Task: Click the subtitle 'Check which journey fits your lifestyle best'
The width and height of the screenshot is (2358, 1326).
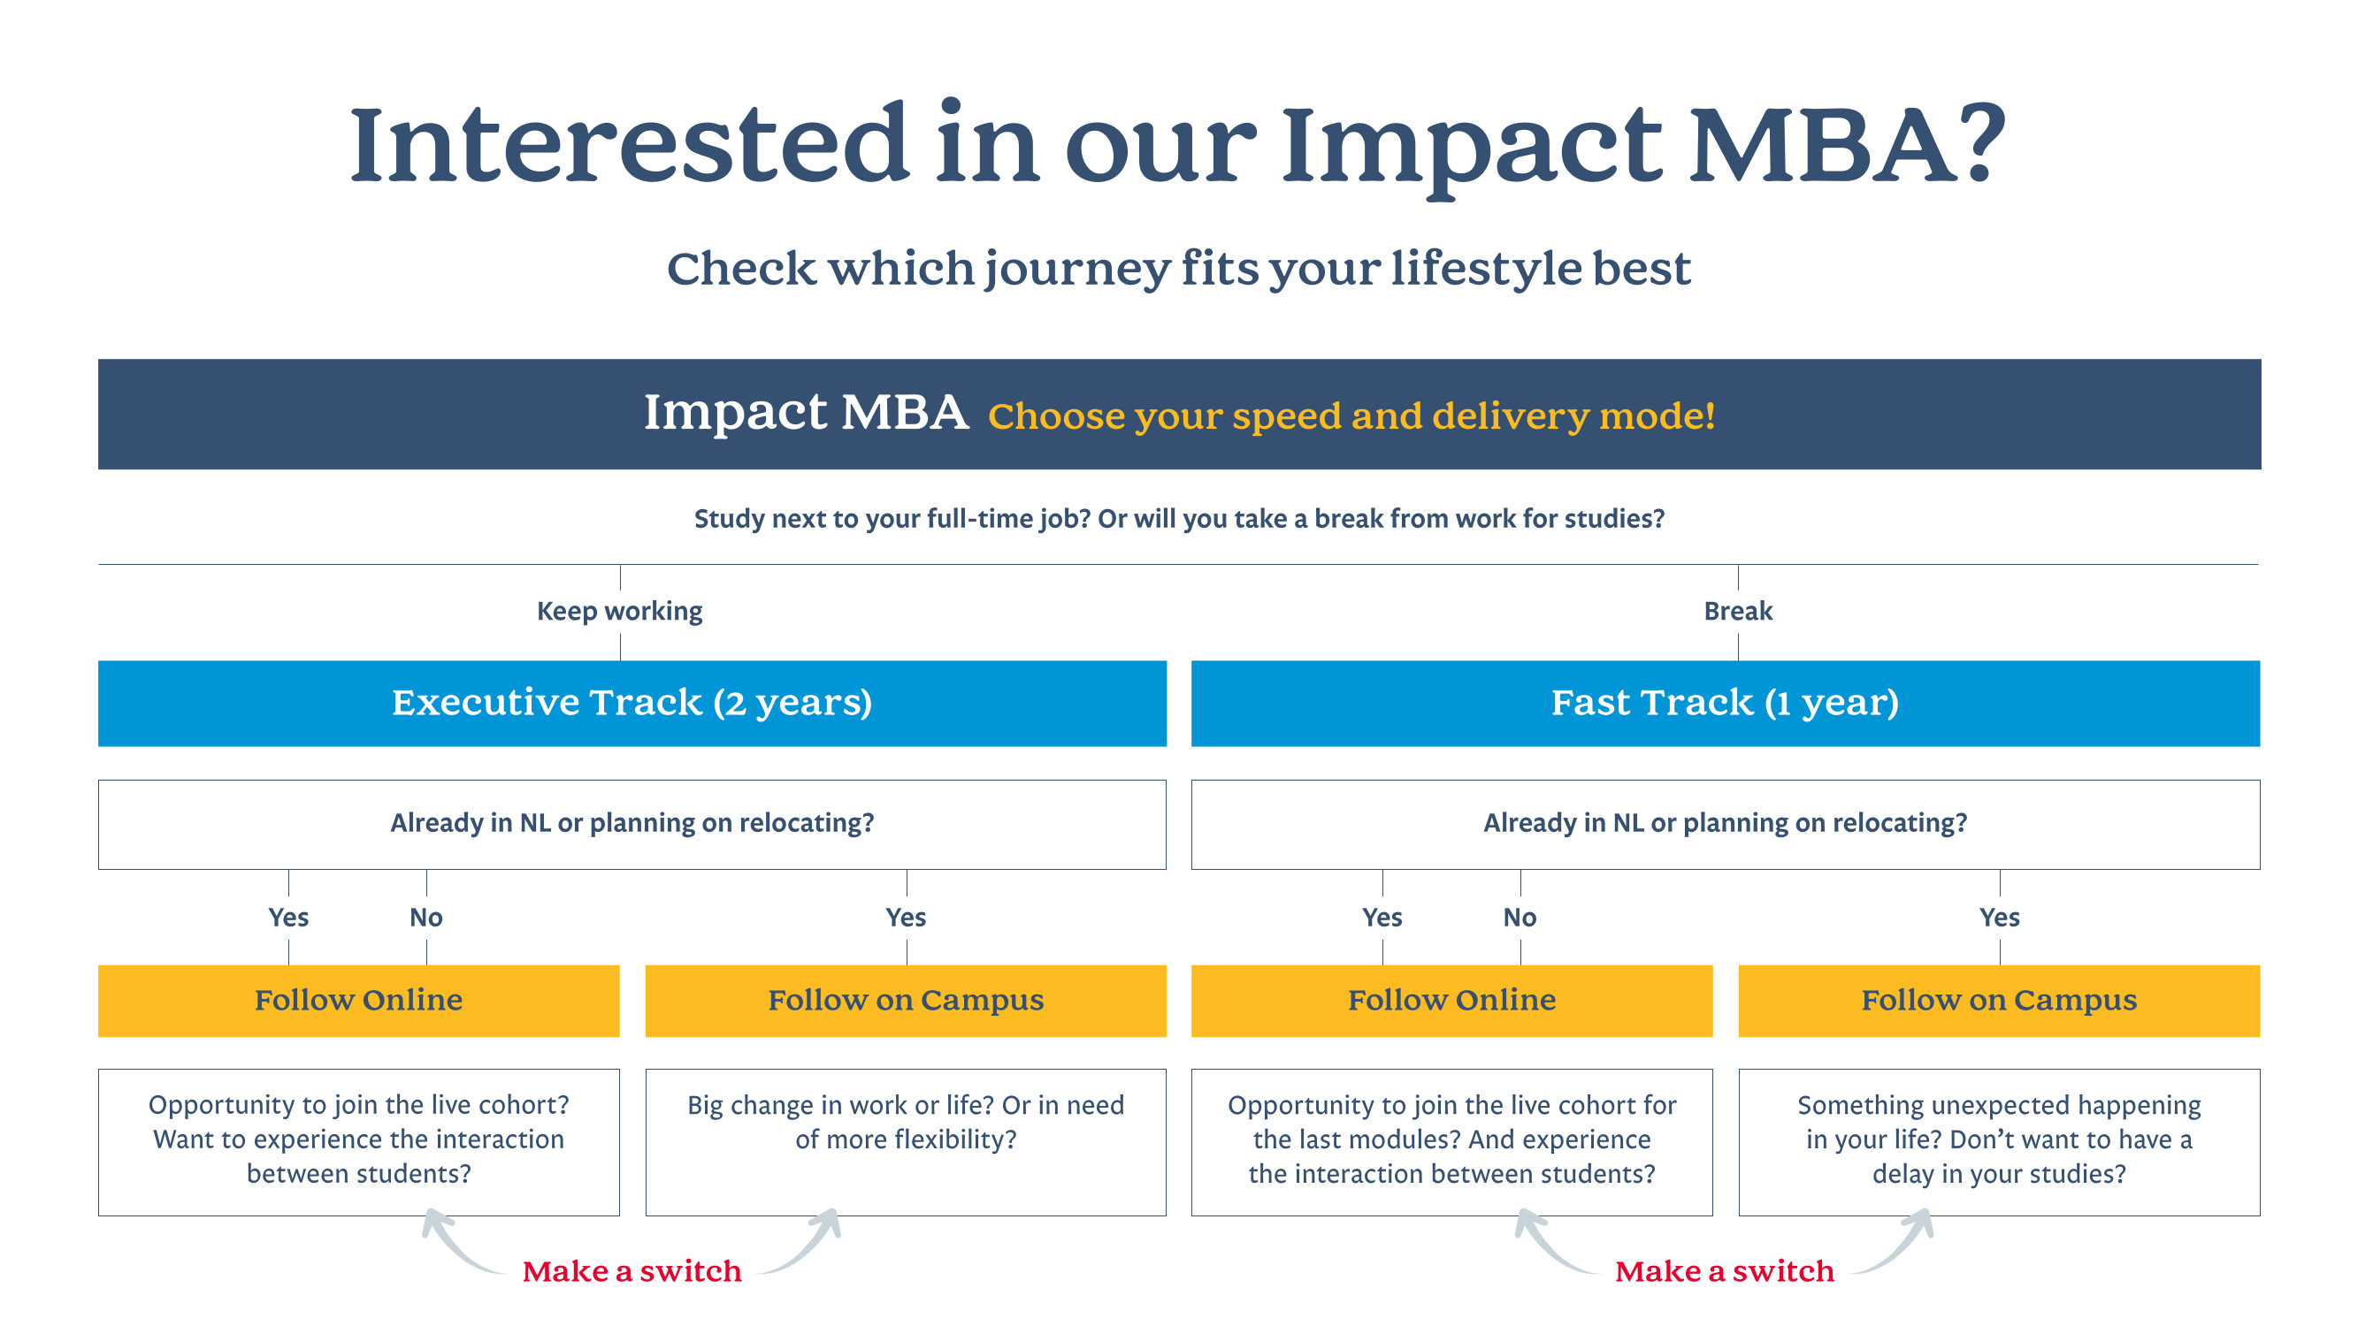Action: pyautogui.click(x=1178, y=269)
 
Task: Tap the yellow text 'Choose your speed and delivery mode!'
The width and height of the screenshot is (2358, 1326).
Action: pyautogui.click(x=1351, y=416)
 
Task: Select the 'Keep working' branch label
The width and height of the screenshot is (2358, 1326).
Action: pyautogui.click(x=620, y=612)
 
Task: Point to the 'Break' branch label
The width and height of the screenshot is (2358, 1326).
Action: pyautogui.click(x=1737, y=612)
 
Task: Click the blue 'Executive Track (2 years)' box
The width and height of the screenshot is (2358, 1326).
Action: pyautogui.click(x=632, y=703)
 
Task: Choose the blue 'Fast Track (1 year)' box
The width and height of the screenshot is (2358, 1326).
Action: pyautogui.click(x=1725, y=703)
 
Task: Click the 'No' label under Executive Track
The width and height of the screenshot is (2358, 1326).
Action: pyautogui.click(x=425, y=917)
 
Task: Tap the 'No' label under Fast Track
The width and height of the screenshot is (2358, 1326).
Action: pyautogui.click(x=1520, y=917)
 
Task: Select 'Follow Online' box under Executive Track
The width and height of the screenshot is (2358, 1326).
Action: pyautogui.click(x=358, y=1000)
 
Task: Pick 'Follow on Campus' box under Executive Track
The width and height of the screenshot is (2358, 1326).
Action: pyautogui.click(x=906, y=1000)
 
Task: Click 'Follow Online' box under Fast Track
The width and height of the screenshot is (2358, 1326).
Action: pyautogui.click(x=1451, y=1000)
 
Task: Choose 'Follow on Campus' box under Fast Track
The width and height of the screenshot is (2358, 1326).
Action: pyautogui.click(x=1998, y=1000)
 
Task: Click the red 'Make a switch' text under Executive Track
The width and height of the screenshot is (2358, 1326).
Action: pyautogui.click(x=632, y=1271)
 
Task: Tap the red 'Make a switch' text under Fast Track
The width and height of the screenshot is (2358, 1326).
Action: pyautogui.click(x=1724, y=1271)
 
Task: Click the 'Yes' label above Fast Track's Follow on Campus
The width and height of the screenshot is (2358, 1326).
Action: pyautogui.click(x=1999, y=917)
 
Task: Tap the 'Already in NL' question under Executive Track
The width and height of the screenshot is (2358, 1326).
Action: pyautogui.click(x=632, y=824)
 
